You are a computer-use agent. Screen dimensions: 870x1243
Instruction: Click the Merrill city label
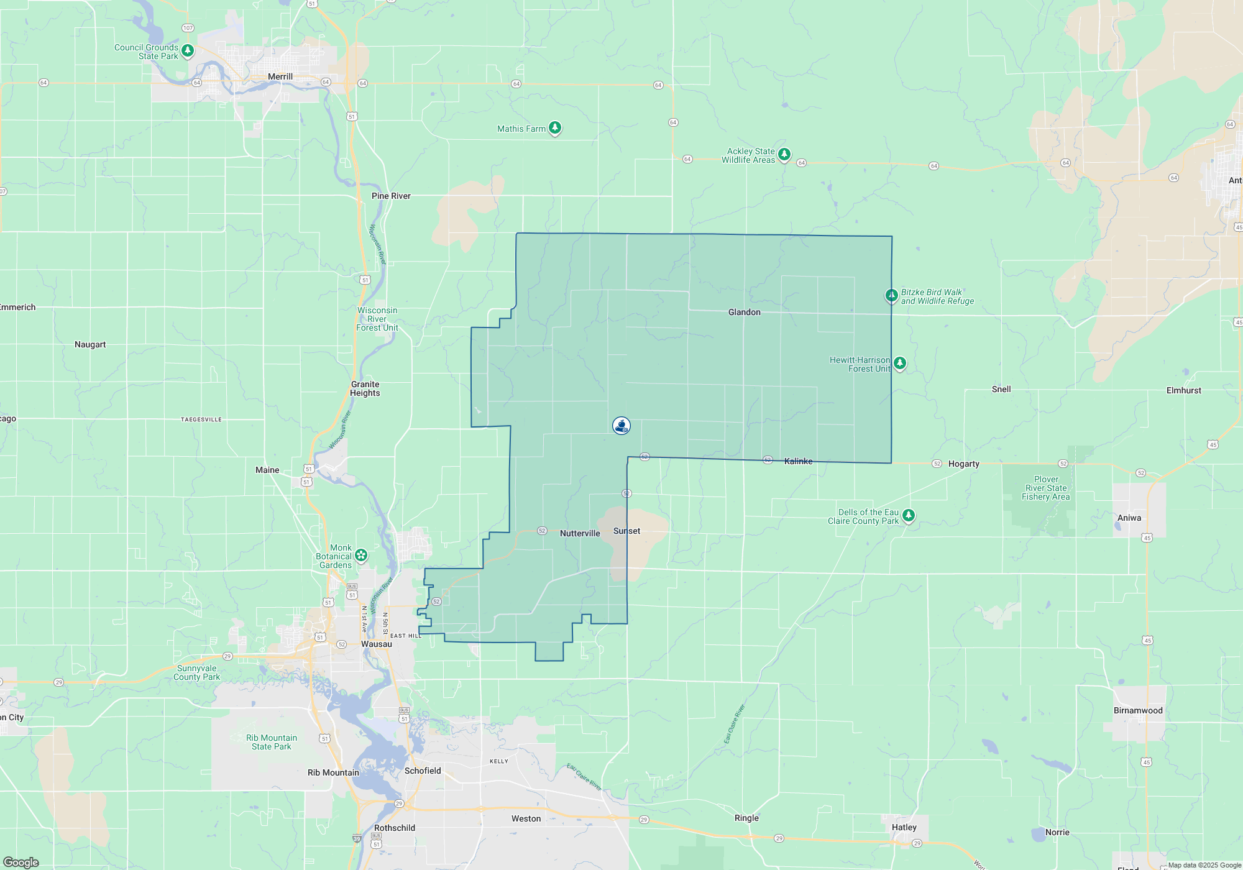point(280,76)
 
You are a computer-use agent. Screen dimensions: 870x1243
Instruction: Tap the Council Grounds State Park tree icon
point(187,50)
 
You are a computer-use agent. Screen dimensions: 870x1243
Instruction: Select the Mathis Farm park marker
point(555,128)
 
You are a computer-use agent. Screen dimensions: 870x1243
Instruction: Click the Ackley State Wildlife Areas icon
point(784,153)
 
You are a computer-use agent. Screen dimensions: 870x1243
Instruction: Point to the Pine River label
point(391,196)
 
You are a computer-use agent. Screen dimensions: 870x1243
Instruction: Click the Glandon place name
point(744,312)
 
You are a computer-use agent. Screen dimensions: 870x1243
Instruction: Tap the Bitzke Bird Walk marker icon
point(891,295)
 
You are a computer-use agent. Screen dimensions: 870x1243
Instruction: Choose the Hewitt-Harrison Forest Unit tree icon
point(899,363)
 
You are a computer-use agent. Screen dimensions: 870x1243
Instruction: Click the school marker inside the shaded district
point(621,425)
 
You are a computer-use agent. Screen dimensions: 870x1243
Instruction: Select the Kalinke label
point(798,461)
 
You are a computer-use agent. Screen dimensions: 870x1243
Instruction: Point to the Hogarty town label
point(963,464)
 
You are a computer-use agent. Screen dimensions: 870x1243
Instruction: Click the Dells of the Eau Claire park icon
point(909,515)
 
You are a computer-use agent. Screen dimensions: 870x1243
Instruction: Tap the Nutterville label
point(580,533)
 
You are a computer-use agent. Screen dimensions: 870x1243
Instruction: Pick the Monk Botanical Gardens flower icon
point(361,555)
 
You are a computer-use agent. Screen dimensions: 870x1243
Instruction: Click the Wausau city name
point(377,644)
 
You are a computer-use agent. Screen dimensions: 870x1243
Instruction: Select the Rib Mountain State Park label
point(272,742)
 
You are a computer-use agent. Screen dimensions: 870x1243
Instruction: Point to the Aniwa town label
point(1129,518)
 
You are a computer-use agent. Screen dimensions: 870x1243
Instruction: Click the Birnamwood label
point(1137,710)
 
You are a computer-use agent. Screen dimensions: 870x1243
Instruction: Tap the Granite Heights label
point(365,388)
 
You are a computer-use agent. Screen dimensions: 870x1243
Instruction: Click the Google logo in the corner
point(21,862)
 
